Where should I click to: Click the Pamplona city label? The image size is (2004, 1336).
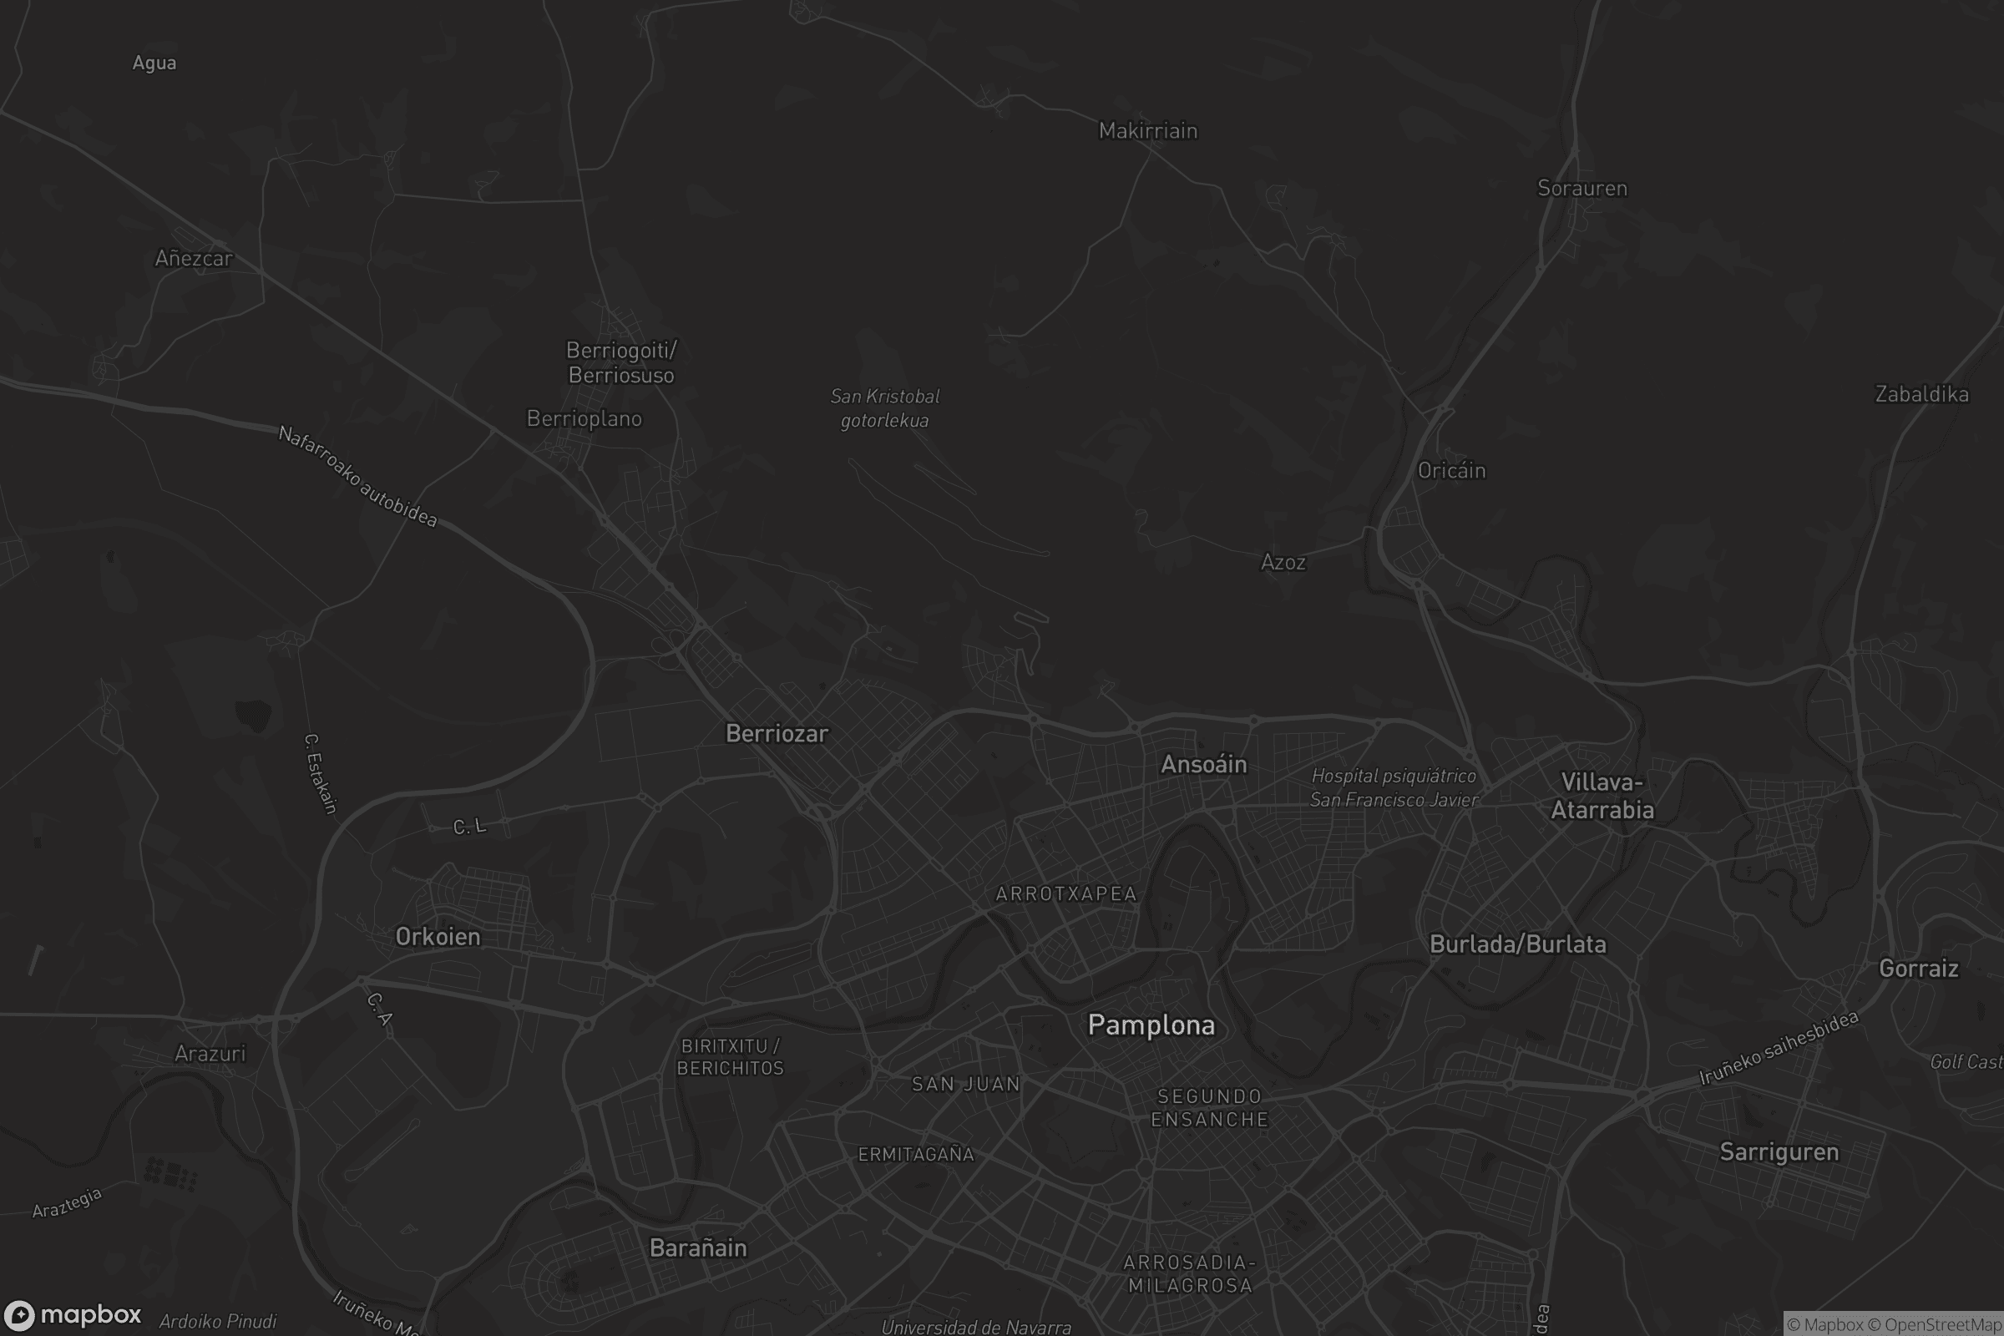[x=1151, y=1025]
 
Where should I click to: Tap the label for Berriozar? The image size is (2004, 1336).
[x=777, y=734]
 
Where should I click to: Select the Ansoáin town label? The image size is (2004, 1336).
[x=1204, y=764]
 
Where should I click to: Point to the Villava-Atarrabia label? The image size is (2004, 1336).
[x=1602, y=796]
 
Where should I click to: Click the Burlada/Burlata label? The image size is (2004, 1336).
[x=1517, y=944]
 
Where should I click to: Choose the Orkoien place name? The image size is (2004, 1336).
[x=438, y=937]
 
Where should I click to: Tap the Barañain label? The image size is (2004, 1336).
[x=698, y=1248]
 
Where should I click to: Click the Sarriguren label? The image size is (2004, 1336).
[x=1779, y=1152]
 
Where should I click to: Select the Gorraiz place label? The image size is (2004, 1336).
[x=1919, y=969]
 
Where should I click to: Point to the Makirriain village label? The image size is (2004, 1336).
[x=1147, y=131]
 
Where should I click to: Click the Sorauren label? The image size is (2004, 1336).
[x=1582, y=189]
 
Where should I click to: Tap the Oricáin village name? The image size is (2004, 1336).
[x=1451, y=471]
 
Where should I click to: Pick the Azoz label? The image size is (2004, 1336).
[x=1283, y=562]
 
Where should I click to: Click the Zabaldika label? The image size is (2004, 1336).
[x=1922, y=394]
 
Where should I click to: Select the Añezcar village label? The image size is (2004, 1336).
[x=194, y=259]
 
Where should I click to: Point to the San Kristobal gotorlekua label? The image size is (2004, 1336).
[x=885, y=408]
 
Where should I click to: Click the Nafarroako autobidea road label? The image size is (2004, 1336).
[x=358, y=476]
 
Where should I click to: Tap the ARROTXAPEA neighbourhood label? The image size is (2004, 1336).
[x=1066, y=893]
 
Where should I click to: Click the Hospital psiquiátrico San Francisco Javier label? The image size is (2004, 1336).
[x=1394, y=788]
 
